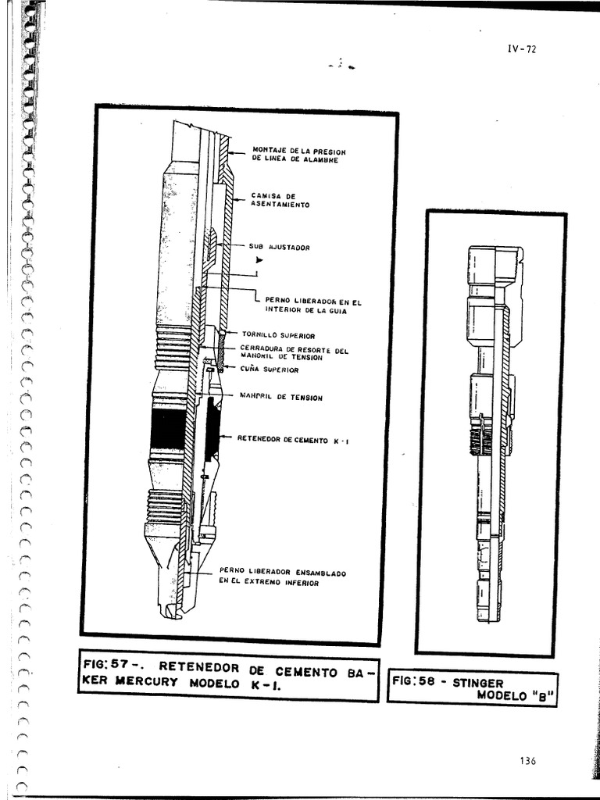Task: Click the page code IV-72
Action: (521, 49)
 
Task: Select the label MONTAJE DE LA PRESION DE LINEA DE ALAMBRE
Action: (298, 155)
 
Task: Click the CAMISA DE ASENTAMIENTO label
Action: (280, 200)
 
